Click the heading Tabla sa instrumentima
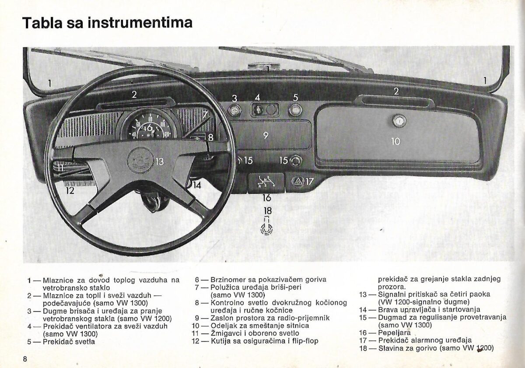click(x=107, y=23)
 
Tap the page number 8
click(x=26, y=359)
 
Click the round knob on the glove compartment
click(x=399, y=120)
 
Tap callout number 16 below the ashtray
click(x=267, y=198)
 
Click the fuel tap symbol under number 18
click(x=266, y=228)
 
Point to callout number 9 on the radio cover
click(x=266, y=135)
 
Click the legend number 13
click(x=365, y=294)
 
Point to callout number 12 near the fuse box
click(x=70, y=190)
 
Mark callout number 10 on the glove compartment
click(x=395, y=141)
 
